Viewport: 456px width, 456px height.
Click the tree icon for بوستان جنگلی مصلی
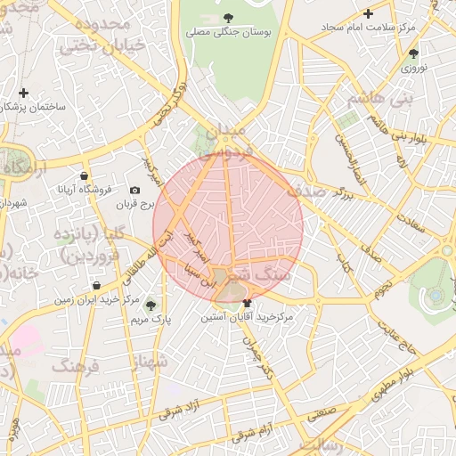tap(228, 17)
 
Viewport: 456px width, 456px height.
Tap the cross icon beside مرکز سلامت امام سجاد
tap(368, 13)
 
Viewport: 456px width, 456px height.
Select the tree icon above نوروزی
tap(413, 52)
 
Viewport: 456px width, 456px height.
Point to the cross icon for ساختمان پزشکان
tap(23, 93)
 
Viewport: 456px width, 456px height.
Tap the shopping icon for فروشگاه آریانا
tap(84, 175)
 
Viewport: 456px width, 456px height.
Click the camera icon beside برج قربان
tap(134, 191)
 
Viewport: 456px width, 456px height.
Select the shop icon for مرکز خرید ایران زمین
tap(95, 286)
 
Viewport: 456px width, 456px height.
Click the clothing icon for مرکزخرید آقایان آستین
tap(247, 304)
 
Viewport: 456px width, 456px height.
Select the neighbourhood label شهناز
tap(149, 362)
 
